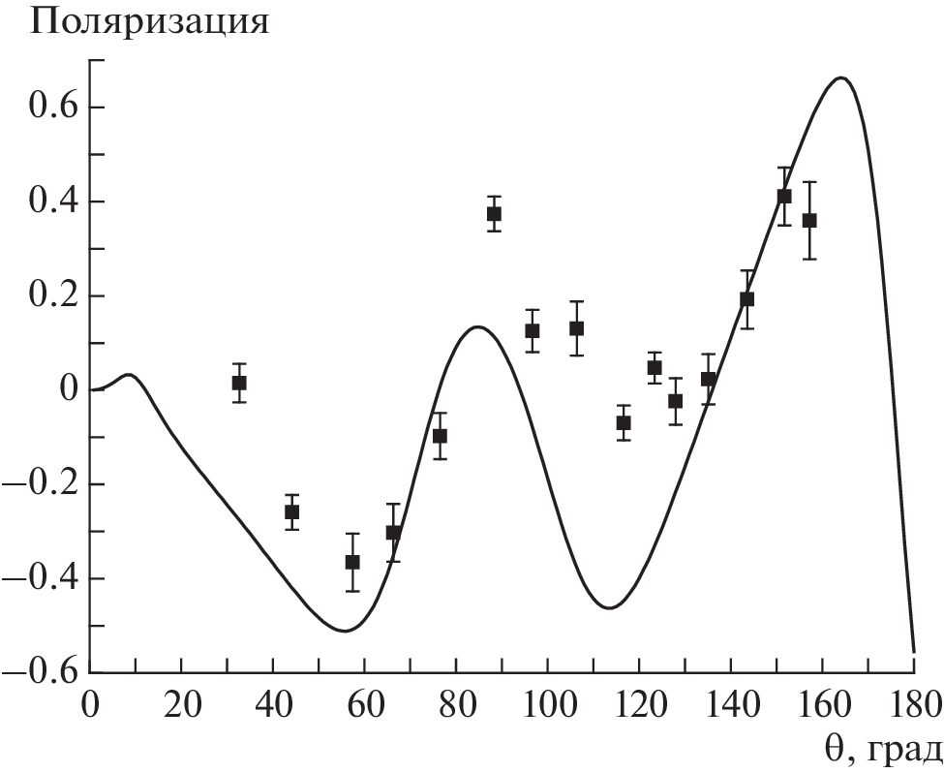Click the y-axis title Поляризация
pos(149,21)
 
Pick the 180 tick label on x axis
pos(912,703)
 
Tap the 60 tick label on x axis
pos(365,703)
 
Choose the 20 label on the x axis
pos(182,703)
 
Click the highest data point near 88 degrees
pos(494,214)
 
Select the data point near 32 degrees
pos(239,383)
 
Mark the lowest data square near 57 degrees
pos(352,562)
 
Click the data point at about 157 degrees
pos(809,220)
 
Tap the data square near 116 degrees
pos(624,422)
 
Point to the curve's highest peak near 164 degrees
pos(840,77)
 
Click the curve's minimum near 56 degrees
pos(345,632)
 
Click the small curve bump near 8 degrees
pos(129,374)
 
